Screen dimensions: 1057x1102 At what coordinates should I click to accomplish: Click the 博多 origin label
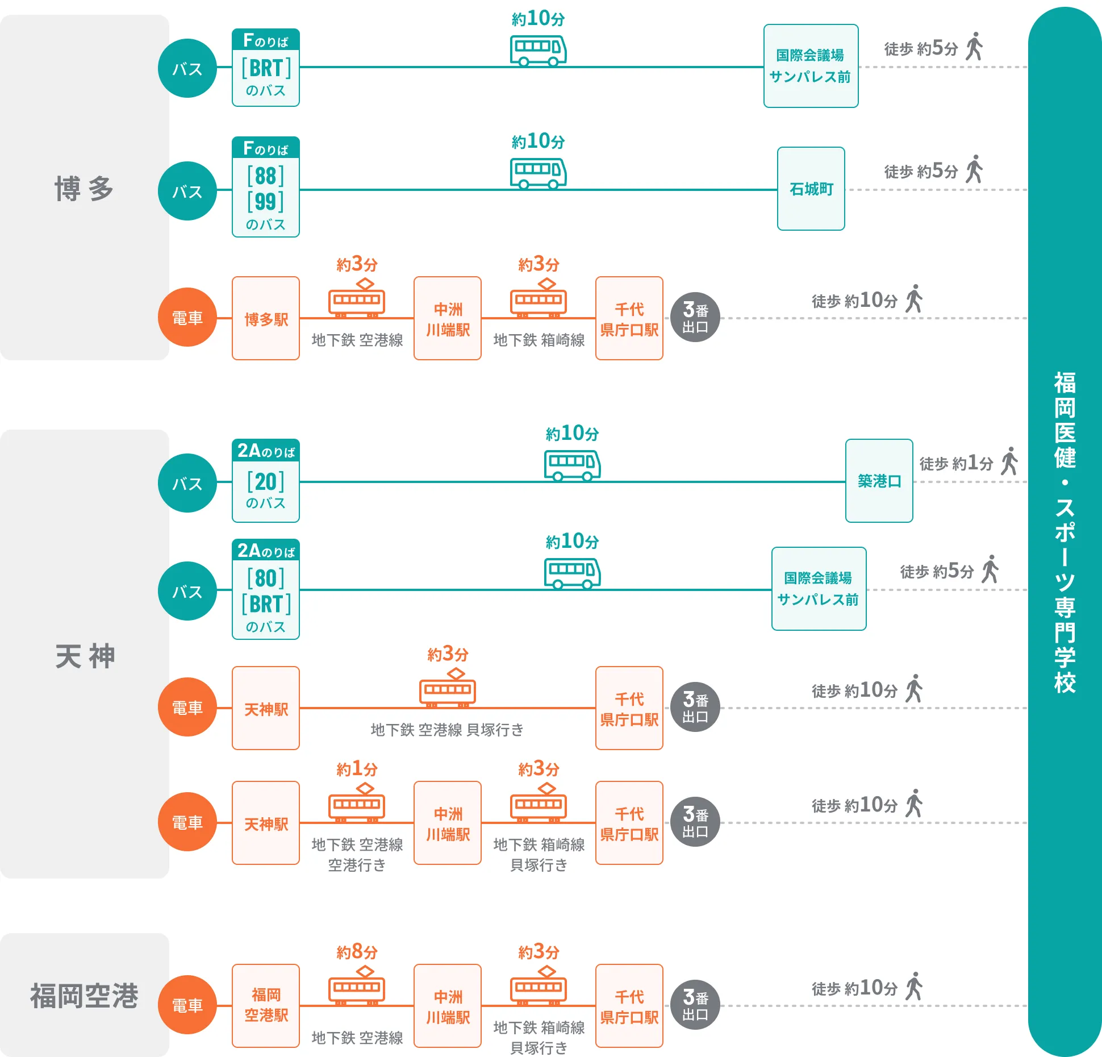[84, 189]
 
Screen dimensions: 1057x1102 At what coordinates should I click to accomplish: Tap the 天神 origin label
[84, 656]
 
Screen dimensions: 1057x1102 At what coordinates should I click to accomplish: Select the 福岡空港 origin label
[84, 996]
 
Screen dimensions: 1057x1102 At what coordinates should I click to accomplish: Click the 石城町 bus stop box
[811, 189]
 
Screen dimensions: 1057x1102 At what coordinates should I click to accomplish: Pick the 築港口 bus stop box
[879, 481]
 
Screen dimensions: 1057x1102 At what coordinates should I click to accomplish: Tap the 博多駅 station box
[266, 318]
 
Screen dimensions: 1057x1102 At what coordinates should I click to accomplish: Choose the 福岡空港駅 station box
[266, 1005]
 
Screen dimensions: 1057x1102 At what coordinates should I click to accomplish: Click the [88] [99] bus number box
[266, 188]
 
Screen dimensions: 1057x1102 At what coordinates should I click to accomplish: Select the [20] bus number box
[266, 481]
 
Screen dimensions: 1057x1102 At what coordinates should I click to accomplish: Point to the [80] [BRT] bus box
[266, 590]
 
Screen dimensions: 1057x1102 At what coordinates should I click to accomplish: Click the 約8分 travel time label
[357, 951]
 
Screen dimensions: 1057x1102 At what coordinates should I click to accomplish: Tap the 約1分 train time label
[357, 769]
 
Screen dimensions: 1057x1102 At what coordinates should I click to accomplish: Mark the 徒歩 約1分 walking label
[957, 463]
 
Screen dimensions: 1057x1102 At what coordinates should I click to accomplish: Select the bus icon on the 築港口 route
[572, 465]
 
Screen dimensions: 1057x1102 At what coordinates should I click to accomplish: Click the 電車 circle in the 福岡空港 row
[187, 1005]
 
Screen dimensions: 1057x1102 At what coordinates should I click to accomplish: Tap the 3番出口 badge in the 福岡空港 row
[695, 1005]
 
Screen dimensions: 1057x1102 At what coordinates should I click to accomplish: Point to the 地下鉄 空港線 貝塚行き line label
[447, 730]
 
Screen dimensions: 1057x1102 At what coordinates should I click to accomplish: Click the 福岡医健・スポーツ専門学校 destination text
[1065, 532]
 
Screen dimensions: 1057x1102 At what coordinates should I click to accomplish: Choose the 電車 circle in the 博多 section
[187, 318]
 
